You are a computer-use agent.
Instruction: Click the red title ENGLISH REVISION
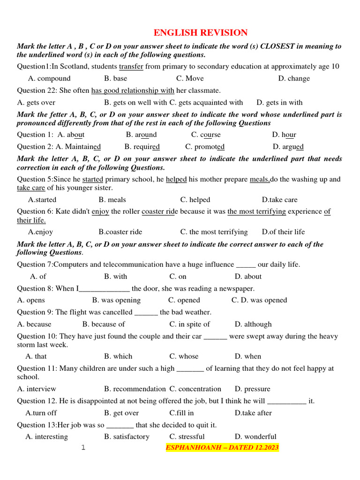tap(201, 32)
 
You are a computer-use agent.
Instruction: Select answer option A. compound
tap(49, 78)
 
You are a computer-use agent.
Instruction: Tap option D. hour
tap(284, 135)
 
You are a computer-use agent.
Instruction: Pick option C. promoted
tap(205, 147)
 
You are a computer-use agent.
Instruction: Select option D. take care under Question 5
tap(280, 200)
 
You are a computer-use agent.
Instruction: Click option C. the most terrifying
tap(214, 232)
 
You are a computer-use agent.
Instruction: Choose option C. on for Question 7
tap(178, 277)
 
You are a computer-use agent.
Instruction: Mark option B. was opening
tap(116, 300)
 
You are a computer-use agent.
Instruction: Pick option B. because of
tap(104, 324)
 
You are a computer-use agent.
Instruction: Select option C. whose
tap(184, 356)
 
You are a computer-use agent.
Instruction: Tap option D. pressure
tap(253, 389)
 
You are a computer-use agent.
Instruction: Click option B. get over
tap(121, 413)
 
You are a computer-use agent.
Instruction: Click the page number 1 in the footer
tap(83, 448)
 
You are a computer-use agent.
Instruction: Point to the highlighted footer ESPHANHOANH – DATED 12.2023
tap(222, 448)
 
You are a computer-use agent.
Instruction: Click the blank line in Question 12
tap(287, 401)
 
